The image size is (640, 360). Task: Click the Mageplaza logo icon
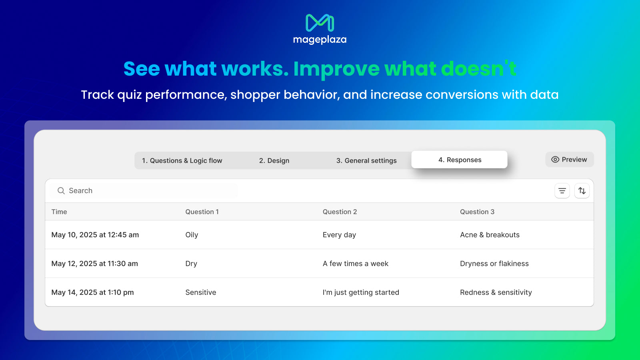320,22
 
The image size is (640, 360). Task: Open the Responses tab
460,160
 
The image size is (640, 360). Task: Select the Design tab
274,160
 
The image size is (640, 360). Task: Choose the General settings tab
366,160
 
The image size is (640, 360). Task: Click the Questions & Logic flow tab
182,160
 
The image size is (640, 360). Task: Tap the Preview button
570,160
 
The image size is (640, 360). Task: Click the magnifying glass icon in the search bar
61,190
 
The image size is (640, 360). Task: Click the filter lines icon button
562,190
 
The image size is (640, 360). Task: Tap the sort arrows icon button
582,190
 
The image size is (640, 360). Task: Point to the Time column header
59,212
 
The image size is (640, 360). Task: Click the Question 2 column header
340,212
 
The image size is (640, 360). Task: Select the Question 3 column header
477,212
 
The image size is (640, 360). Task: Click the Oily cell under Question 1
192,235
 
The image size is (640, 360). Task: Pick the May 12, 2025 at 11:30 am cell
94,264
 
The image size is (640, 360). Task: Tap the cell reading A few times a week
356,264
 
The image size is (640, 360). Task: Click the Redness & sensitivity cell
496,292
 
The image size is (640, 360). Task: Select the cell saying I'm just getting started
361,292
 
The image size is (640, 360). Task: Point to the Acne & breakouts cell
490,235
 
